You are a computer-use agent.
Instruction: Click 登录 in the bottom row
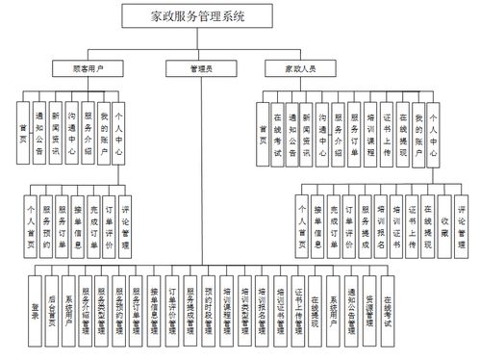tap(36, 312)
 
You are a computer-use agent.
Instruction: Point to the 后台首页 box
tap(52, 312)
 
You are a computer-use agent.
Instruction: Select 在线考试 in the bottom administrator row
tap(387, 312)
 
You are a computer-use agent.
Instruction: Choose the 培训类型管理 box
tap(244, 312)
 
